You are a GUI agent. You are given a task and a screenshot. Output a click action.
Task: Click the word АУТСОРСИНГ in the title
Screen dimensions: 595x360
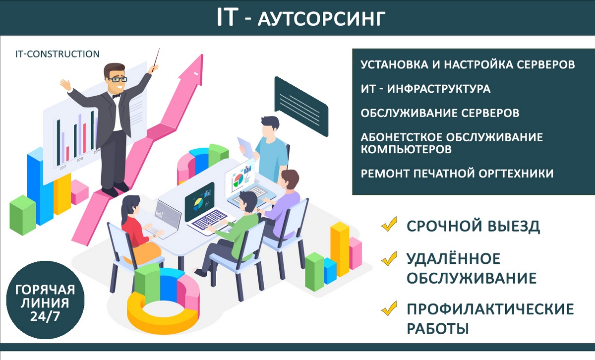pyautogui.click(x=321, y=19)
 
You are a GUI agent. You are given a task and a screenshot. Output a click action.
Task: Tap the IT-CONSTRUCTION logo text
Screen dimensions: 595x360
pyautogui.click(x=58, y=54)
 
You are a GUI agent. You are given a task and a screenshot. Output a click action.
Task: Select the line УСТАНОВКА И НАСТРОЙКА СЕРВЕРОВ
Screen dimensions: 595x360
pyautogui.click(x=468, y=64)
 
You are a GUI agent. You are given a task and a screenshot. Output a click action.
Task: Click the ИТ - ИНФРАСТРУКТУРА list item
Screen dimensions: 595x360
pyautogui.click(x=425, y=89)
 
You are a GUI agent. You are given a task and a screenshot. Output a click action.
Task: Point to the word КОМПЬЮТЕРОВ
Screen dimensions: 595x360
pyautogui.click(x=406, y=149)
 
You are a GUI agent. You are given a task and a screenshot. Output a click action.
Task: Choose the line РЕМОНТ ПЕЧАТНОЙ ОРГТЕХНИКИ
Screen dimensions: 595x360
pyautogui.click(x=457, y=174)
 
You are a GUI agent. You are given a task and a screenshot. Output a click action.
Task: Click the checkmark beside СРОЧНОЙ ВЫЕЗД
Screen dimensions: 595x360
pyautogui.click(x=389, y=224)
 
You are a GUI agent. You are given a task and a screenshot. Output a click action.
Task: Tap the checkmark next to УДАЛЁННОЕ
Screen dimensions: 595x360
pyautogui.click(x=389, y=258)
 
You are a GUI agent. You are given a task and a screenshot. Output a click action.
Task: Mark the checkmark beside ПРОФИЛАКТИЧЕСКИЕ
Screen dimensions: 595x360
pyautogui.click(x=389, y=308)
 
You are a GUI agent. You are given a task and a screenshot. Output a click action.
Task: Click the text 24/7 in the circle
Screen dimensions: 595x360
pyautogui.click(x=45, y=316)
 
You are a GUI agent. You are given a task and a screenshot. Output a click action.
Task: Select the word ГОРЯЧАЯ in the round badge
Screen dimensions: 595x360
pyautogui.click(x=45, y=290)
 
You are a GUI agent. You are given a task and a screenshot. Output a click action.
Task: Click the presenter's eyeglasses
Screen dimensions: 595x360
pyautogui.click(x=117, y=79)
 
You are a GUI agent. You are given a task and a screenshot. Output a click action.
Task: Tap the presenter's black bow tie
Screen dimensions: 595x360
pyautogui.click(x=117, y=96)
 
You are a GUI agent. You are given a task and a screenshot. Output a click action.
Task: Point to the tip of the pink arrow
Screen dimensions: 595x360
pyautogui.click(x=202, y=55)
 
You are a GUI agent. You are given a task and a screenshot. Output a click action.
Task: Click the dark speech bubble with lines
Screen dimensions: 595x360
pyautogui.click(x=301, y=106)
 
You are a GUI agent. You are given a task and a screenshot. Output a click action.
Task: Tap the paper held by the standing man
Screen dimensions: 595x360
pyautogui.click(x=246, y=148)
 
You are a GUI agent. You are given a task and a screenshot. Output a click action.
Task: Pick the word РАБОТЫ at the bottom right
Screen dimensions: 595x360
pyautogui.click(x=438, y=328)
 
